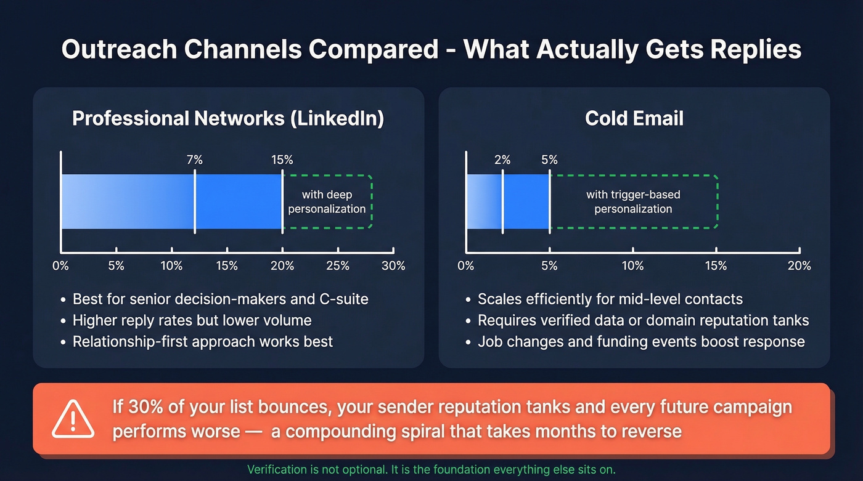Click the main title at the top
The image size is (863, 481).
click(431, 49)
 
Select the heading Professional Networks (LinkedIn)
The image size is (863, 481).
click(228, 118)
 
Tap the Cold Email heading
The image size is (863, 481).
click(634, 118)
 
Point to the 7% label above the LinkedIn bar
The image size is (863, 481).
click(195, 160)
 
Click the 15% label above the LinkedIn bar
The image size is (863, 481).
click(282, 160)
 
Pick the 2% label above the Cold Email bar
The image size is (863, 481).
click(502, 160)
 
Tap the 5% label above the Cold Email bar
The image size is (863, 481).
click(549, 160)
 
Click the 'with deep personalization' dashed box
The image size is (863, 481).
click(327, 202)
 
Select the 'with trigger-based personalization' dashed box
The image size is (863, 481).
click(634, 202)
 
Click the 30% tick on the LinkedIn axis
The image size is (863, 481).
click(393, 265)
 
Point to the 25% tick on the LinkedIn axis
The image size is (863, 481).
click(338, 265)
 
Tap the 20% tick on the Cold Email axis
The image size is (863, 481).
click(799, 265)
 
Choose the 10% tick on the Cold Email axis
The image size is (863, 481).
click(632, 265)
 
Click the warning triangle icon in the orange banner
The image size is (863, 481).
click(73, 419)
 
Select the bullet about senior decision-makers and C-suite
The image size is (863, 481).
click(220, 300)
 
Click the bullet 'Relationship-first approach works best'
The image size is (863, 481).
click(202, 341)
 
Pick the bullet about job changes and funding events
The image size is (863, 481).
click(641, 341)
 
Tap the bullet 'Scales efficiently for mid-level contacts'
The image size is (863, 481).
click(610, 300)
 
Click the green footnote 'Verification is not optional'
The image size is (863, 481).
click(431, 469)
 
